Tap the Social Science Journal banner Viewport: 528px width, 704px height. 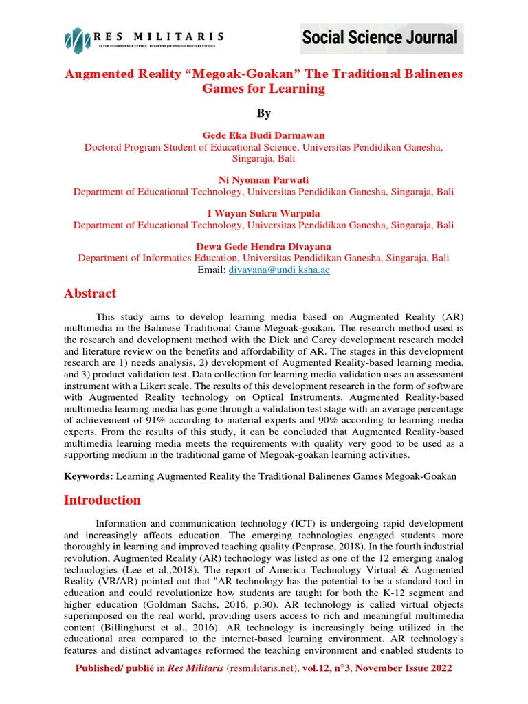coord(379,38)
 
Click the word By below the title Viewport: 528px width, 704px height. coord(264,113)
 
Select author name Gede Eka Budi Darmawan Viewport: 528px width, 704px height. coord(263,135)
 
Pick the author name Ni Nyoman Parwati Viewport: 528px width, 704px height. coord(263,180)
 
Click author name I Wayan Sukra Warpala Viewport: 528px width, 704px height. coord(263,213)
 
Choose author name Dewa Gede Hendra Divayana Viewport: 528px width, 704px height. coord(263,246)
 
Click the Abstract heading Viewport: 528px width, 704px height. coord(90,294)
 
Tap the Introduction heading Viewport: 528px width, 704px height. coord(102,500)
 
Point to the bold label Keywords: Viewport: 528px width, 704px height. coord(89,476)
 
